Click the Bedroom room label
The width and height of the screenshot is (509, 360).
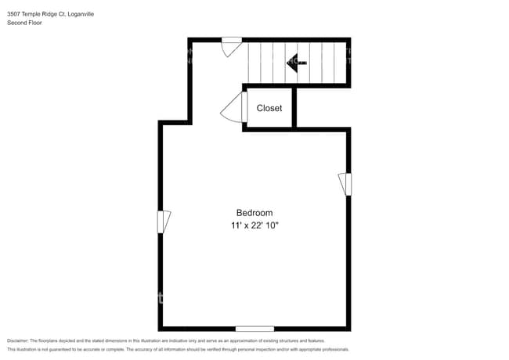254,213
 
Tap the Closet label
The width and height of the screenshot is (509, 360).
269,109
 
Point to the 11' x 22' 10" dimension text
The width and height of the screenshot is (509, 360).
254,225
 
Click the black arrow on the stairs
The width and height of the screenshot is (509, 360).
296,61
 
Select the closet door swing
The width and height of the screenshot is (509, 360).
233,108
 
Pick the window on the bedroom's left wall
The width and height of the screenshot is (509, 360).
162,221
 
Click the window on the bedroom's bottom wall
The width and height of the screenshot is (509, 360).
254,329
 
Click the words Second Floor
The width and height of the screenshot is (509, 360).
24,23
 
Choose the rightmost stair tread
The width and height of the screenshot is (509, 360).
340,63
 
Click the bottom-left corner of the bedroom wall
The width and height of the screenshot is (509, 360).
161,329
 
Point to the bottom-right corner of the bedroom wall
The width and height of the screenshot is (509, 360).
348,329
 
